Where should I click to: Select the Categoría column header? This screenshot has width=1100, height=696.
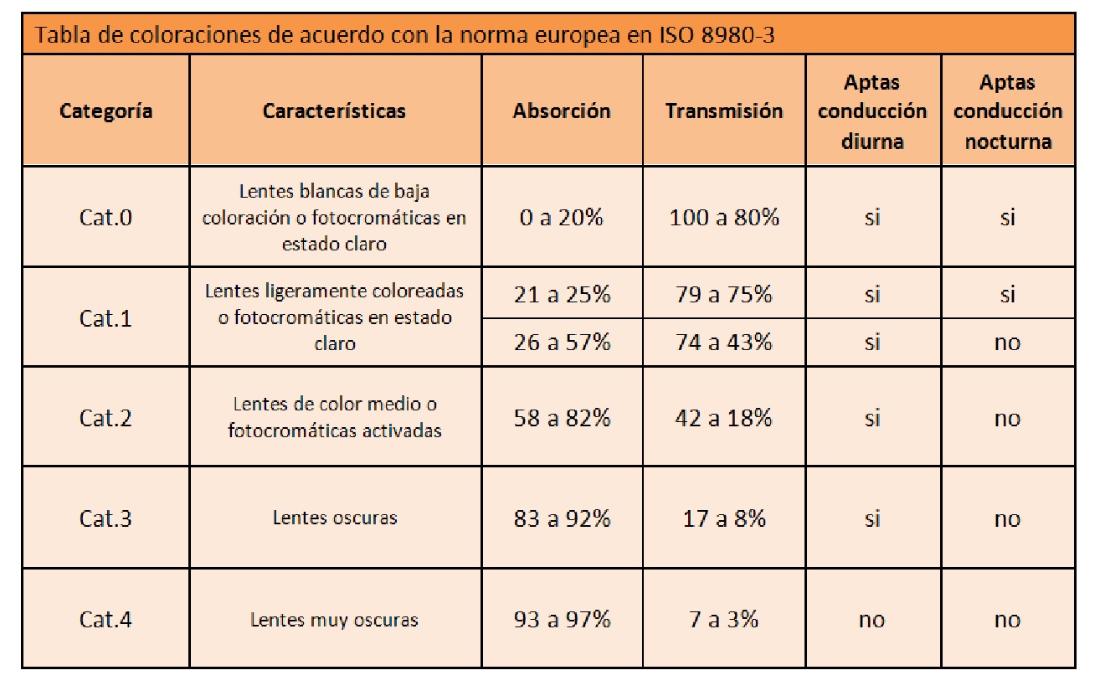[x=105, y=111]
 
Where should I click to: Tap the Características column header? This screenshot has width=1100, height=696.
[x=334, y=111]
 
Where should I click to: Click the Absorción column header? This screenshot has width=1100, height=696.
[x=562, y=111]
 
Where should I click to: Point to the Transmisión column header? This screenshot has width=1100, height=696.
[x=724, y=111]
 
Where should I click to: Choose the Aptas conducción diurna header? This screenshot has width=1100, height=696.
[x=872, y=111]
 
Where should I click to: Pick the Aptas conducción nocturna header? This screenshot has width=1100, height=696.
[x=1007, y=111]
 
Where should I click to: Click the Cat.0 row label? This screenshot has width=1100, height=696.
[x=105, y=218]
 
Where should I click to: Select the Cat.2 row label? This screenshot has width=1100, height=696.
[x=105, y=418]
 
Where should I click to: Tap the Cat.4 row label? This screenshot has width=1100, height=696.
[x=105, y=620]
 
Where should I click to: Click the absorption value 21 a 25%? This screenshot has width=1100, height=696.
[x=562, y=295]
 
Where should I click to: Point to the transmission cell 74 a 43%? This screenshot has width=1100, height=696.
[x=724, y=343]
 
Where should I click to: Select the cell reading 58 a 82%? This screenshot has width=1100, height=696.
[x=562, y=418]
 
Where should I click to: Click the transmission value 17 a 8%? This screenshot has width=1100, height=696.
[x=724, y=518]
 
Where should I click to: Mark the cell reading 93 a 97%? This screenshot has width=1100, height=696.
[x=562, y=620]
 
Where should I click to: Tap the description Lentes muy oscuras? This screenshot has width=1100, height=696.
[x=334, y=620]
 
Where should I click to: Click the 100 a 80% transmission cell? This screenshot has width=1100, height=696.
[x=724, y=218]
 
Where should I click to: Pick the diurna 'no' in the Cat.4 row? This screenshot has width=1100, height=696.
[x=872, y=620]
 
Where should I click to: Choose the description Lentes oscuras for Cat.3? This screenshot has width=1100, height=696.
[x=334, y=518]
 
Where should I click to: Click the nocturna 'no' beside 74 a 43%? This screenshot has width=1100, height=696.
[x=1007, y=343]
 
